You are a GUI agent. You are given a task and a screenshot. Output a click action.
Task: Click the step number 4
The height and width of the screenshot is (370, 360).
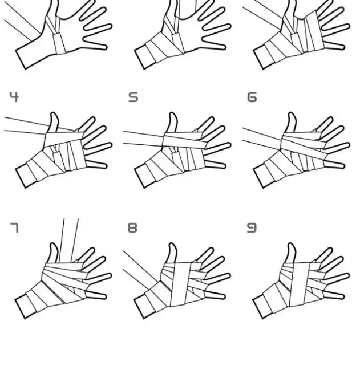pos(14,97)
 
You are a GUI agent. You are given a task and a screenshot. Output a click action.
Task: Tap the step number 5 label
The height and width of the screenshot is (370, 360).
pos(133,97)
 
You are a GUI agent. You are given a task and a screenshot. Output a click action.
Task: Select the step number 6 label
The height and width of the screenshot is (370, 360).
pos(252,97)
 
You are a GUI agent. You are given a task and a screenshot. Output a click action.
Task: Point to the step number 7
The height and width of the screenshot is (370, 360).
pos(14,227)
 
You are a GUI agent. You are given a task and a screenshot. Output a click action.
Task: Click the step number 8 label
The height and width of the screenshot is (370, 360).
pos(132,227)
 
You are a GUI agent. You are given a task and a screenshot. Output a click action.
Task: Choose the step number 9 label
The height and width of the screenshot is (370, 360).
pos(252,227)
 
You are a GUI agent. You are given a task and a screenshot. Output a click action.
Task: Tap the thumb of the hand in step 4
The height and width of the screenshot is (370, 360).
pos(53,122)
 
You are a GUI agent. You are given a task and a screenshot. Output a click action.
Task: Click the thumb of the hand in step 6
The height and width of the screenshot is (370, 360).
pos(291,122)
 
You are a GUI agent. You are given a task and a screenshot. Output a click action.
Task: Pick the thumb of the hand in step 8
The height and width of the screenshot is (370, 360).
pos(172,253)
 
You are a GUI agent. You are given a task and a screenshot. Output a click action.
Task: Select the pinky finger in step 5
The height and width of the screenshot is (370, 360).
pos(215,164)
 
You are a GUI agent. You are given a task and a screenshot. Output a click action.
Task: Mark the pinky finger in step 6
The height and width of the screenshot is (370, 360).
pos(334,164)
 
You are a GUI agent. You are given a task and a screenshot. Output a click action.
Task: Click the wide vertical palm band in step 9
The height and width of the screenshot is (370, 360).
pos(300,284)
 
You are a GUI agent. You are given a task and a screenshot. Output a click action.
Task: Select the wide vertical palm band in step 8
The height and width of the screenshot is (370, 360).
pos(181,284)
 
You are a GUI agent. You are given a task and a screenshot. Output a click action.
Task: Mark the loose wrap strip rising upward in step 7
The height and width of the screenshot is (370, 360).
pos(68,241)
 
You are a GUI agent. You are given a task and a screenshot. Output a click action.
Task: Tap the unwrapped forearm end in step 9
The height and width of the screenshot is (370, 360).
pos(261,307)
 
